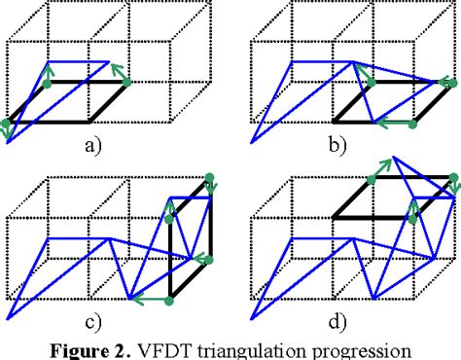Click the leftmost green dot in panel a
click(x=6, y=124)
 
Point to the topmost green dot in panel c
click(x=209, y=178)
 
